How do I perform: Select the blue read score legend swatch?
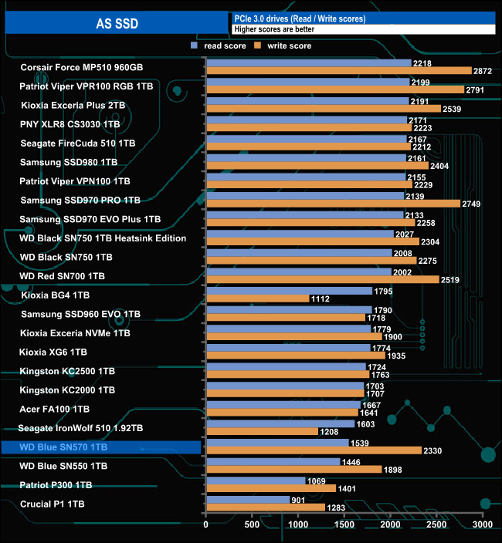point(194,46)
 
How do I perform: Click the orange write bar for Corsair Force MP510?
point(338,71)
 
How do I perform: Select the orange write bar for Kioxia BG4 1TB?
point(257,298)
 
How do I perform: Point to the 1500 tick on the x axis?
point(344,524)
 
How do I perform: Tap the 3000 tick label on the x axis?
point(483,524)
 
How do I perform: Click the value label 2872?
point(483,71)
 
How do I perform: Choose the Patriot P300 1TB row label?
point(56,485)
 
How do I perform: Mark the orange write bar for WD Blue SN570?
point(313,450)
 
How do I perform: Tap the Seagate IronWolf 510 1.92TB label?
point(82,427)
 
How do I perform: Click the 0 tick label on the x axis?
point(206,524)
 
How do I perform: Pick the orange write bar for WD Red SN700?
point(322,279)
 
